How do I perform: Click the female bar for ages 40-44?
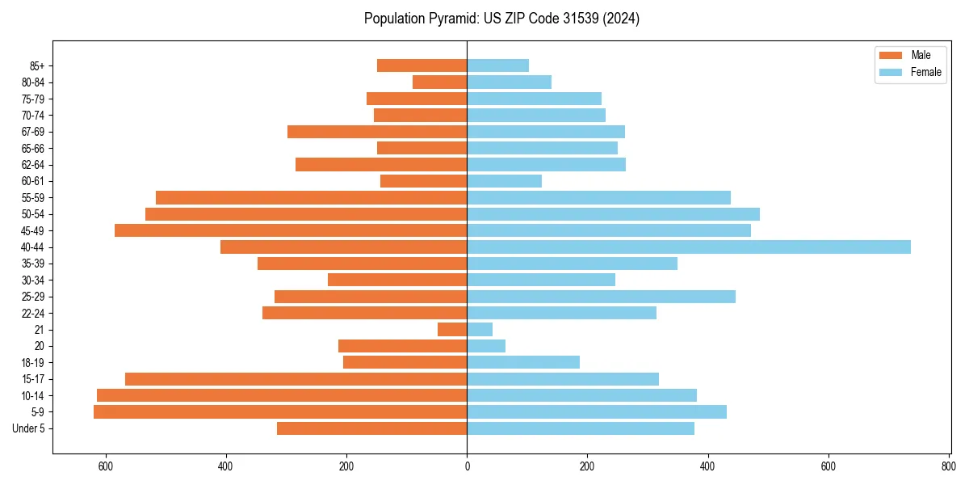point(688,247)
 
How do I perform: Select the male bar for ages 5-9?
point(280,412)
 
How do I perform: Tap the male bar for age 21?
point(452,330)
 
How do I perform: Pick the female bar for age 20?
point(486,346)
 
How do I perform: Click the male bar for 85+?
point(422,65)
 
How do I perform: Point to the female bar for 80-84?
point(509,82)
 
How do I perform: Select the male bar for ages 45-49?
point(291,230)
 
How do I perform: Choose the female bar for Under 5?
point(580,428)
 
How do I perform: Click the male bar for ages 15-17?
point(296,379)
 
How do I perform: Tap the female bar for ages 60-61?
point(504,181)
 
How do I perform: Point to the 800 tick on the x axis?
point(948,466)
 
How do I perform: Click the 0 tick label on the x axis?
point(467,466)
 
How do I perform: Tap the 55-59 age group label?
point(33,198)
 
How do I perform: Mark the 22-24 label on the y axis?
point(33,314)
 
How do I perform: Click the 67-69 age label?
point(33,132)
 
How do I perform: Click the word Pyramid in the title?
point(451,19)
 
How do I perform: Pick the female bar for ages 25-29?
point(601,297)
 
